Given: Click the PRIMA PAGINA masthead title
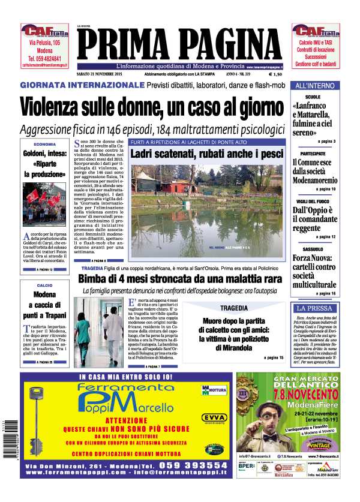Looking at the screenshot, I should [180, 44].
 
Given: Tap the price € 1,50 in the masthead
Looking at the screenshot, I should [275, 75].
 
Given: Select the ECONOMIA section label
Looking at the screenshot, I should [45, 145].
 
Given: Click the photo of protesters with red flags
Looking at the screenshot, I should [45, 204].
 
